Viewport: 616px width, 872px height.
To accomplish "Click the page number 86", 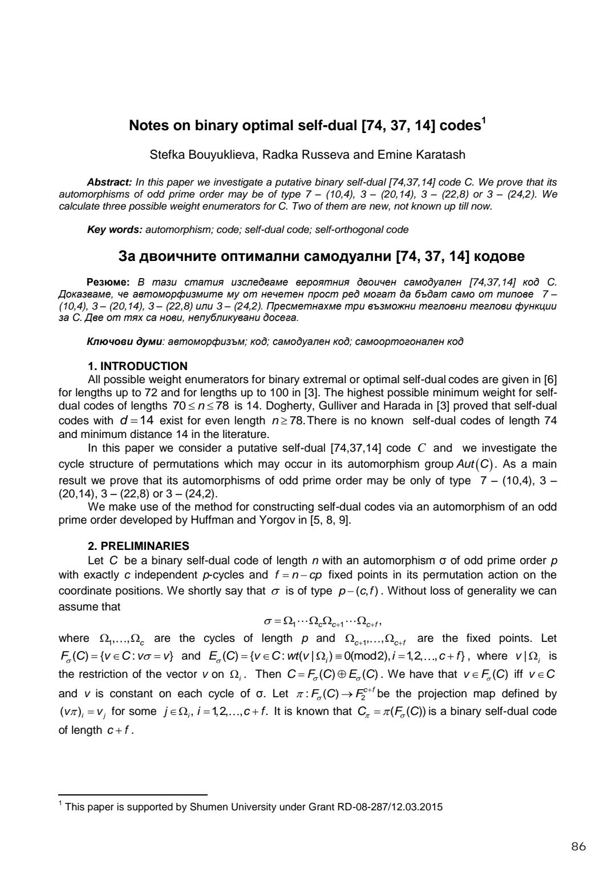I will coord(578,846).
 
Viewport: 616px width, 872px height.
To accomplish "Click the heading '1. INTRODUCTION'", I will coord(137,366).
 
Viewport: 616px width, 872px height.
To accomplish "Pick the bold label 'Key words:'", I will coord(114,230).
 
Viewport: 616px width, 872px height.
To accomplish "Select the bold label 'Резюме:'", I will coord(108,282).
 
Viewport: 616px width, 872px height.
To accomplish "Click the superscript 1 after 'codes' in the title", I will coord(484,120).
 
